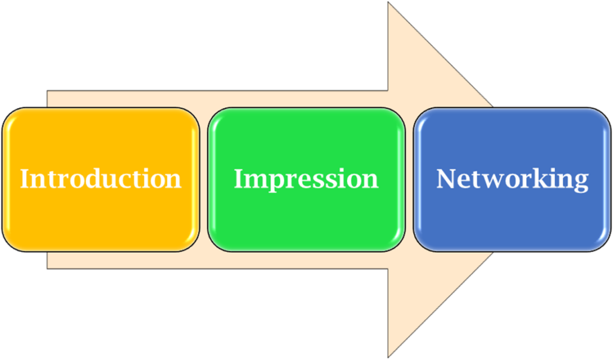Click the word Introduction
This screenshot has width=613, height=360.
tap(101, 179)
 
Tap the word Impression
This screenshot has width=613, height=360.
tap(306, 179)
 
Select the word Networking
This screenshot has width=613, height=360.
tap(512, 179)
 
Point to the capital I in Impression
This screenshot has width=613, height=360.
tap(238, 179)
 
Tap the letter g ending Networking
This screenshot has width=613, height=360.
tap(581, 182)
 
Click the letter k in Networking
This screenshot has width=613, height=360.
tap(535, 178)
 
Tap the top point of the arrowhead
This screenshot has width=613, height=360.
tap(390, 5)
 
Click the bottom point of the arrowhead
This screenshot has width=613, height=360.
tap(390, 354)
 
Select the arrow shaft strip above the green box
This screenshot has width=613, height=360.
tap(305, 99)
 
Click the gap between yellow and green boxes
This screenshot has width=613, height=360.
tap(204, 179)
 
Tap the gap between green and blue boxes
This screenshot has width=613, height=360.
tap(409, 179)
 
